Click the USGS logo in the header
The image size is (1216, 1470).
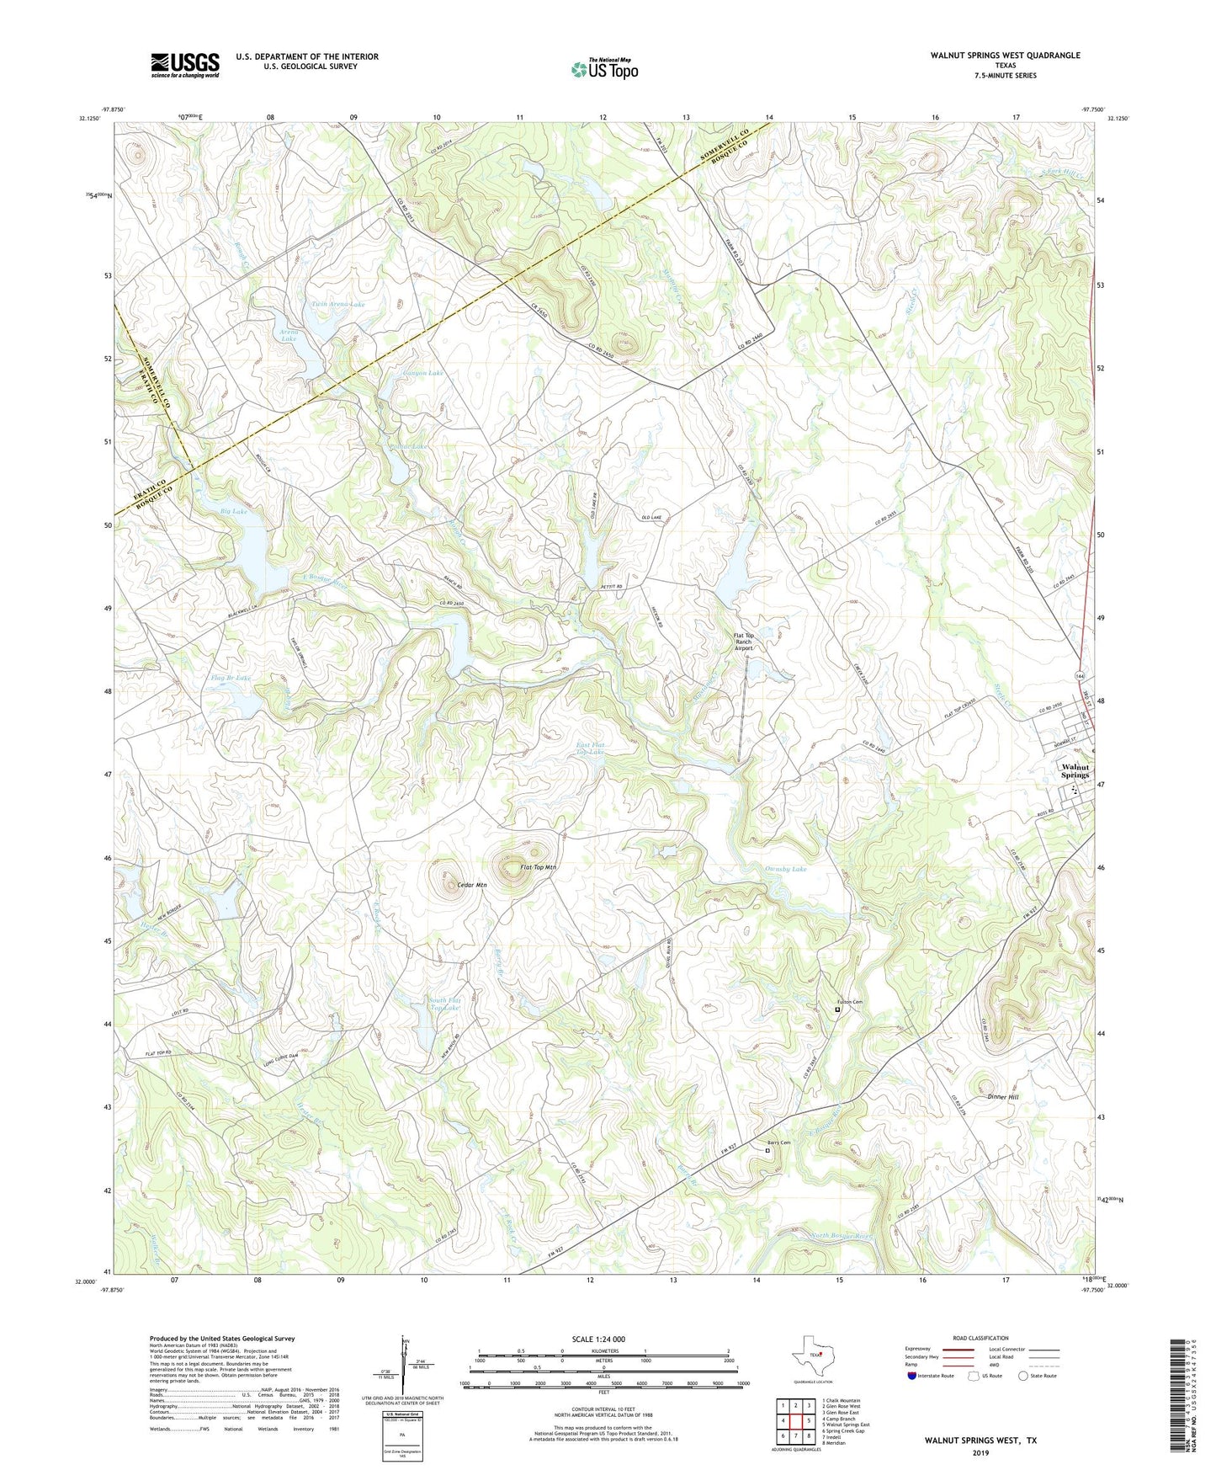(x=185, y=65)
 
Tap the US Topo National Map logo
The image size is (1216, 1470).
(x=604, y=69)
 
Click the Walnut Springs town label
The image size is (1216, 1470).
(x=1075, y=770)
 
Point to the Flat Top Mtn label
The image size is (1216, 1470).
(x=539, y=867)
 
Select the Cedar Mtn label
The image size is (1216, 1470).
(x=471, y=885)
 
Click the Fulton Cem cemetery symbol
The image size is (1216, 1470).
(x=837, y=1009)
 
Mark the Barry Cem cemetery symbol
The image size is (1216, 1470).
(x=767, y=1150)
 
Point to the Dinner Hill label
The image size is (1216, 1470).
(x=1002, y=1097)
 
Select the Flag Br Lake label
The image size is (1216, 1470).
(x=231, y=677)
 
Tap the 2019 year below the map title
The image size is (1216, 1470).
(x=980, y=1452)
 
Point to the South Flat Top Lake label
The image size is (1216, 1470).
(x=445, y=1004)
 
